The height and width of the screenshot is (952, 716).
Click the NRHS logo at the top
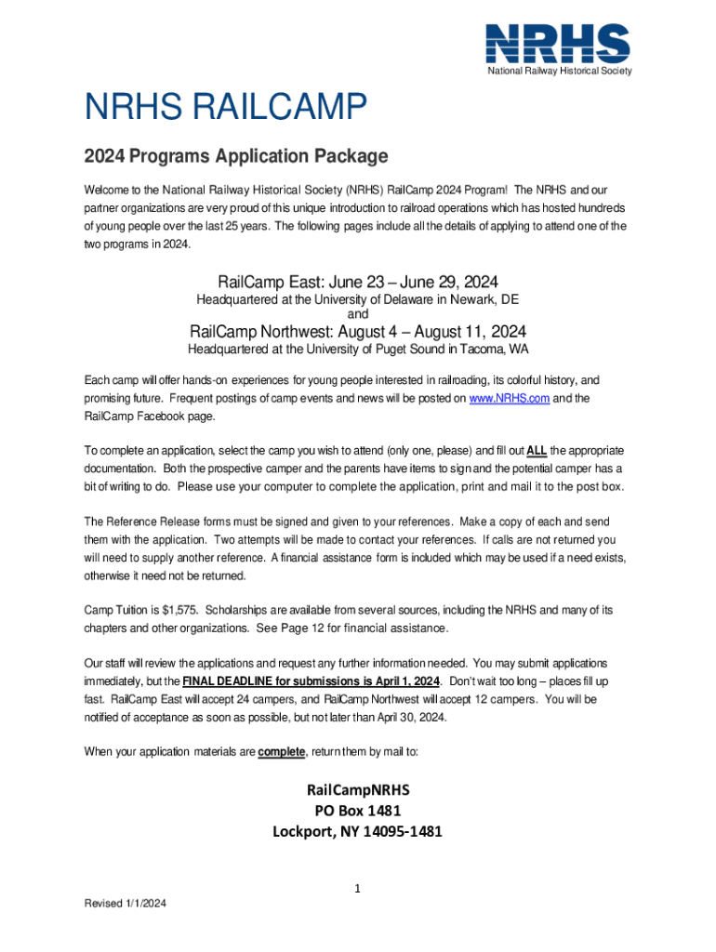click(x=558, y=43)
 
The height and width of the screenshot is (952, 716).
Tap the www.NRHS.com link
click(x=510, y=398)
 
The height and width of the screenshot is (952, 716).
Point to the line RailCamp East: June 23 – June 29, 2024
click(x=358, y=282)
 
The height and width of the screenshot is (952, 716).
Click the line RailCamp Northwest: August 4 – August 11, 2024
click(x=358, y=332)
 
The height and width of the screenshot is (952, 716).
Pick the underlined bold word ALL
click(x=537, y=451)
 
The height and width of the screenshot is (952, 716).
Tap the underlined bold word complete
click(x=282, y=751)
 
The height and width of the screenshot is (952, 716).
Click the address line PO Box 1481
click(x=358, y=811)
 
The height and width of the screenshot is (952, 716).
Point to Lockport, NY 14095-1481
click(x=358, y=831)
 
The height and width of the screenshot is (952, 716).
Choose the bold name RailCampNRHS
click(x=358, y=789)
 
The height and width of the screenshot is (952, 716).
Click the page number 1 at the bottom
click(x=358, y=889)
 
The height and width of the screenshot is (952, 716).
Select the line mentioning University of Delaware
click(x=358, y=300)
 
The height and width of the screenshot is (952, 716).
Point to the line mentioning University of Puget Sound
click(x=358, y=350)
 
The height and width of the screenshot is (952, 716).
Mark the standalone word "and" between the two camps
click(x=358, y=314)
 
